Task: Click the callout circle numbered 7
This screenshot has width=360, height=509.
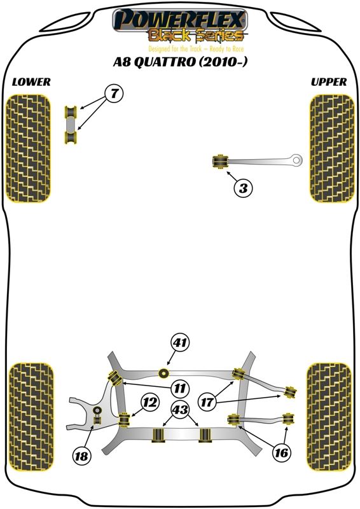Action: click(x=114, y=94)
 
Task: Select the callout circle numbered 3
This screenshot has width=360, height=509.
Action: click(x=243, y=188)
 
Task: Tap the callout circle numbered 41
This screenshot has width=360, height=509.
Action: click(x=181, y=342)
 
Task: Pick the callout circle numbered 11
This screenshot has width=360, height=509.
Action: click(x=180, y=388)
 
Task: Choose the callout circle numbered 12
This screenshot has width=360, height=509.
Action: click(x=151, y=403)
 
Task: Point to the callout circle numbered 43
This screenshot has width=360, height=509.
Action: click(x=180, y=410)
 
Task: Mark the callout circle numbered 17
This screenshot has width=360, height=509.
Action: click(x=207, y=403)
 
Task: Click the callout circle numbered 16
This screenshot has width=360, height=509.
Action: click(x=281, y=452)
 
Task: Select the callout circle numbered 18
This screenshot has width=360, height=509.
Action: click(x=81, y=456)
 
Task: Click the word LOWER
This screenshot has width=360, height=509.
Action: click(x=32, y=82)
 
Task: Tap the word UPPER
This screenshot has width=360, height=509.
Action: click(x=329, y=82)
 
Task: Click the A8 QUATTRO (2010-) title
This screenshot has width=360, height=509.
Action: click(x=180, y=62)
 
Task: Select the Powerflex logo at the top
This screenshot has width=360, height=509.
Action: click(x=180, y=26)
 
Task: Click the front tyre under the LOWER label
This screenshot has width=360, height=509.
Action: click(x=28, y=148)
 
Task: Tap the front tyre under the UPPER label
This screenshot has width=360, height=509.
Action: click(x=332, y=148)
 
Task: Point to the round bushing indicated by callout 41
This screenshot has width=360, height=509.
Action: click(x=164, y=373)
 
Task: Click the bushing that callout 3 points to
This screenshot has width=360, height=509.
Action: click(x=220, y=162)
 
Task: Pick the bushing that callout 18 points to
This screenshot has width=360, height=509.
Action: click(x=97, y=415)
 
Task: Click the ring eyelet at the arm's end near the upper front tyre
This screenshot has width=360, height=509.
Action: click(x=296, y=160)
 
